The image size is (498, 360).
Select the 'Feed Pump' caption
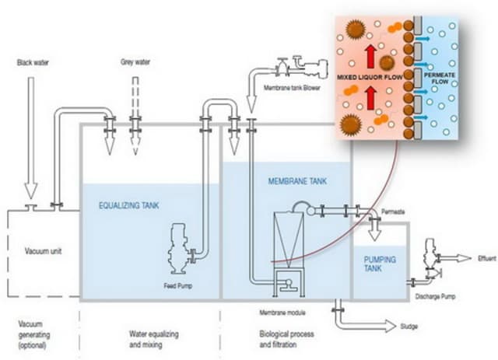[x=178, y=285]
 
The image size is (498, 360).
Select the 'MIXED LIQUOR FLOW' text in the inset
[x=369, y=79]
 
